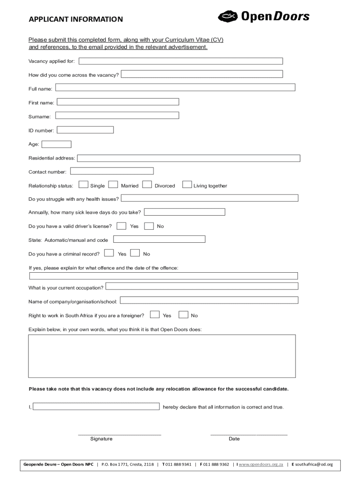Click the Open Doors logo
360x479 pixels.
(x=263, y=17)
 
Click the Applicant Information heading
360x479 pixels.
(x=76, y=19)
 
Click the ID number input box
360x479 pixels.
(x=85, y=130)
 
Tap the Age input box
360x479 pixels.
(x=57, y=144)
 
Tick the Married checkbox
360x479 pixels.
(x=113, y=185)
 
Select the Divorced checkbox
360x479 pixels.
(x=147, y=185)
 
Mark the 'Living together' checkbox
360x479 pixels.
(x=187, y=185)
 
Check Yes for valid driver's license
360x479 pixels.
(x=121, y=226)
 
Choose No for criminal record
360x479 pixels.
(x=135, y=254)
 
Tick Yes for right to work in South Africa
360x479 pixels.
(x=155, y=315)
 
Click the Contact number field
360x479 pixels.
(x=112, y=171)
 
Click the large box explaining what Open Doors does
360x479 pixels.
(x=162, y=356)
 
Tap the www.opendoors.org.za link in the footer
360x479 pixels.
(x=261, y=464)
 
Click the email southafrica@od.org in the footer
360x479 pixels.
(x=313, y=464)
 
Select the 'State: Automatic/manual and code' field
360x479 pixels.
(x=159, y=239)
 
